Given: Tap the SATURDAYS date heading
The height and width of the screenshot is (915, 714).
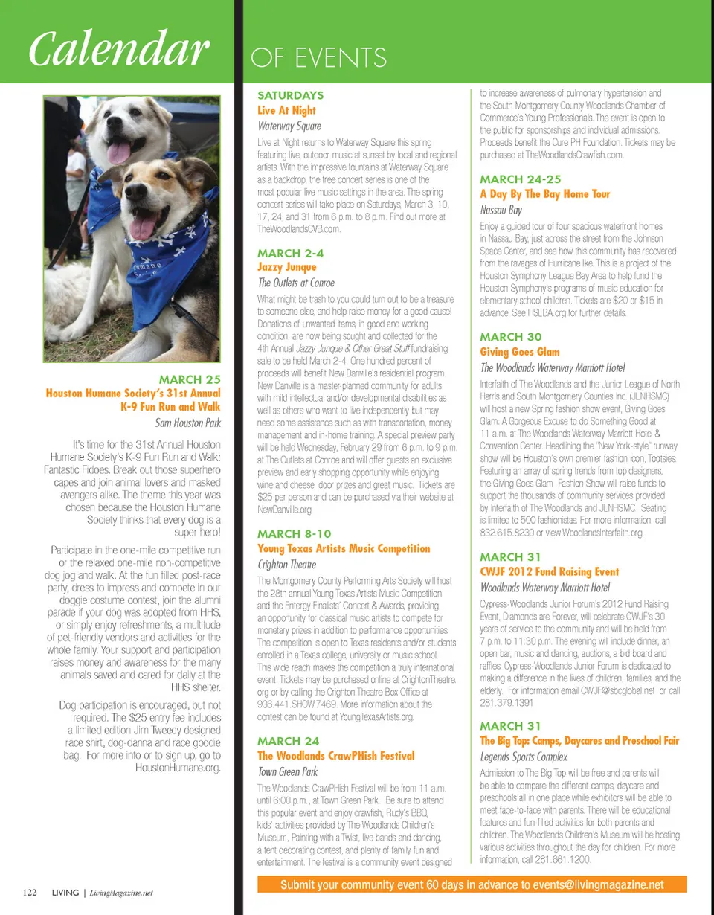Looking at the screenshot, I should (x=290, y=95).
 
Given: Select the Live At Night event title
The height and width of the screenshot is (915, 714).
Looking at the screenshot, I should (x=286, y=110).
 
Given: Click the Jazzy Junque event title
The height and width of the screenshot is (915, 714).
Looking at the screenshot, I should (x=286, y=267).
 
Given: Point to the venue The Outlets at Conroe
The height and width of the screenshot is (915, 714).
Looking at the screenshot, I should (x=296, y=283).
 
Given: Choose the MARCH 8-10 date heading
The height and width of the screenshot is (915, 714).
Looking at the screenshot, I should (x=294, y=533).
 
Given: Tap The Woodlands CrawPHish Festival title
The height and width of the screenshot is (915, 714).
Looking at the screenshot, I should (x=335, y=757).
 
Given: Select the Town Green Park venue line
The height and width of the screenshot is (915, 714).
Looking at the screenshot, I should (x=287, y=772).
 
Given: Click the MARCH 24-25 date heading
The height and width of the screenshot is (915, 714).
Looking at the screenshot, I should (x=521, y=179).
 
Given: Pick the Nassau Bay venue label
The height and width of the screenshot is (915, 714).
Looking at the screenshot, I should (x=501, y=211).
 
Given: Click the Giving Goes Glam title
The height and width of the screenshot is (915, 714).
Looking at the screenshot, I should (x=520, y=352).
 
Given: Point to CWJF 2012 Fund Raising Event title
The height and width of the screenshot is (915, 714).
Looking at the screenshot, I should (x=550, y=572).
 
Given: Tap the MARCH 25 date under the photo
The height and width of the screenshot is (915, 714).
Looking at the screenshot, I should (x=190, y=380).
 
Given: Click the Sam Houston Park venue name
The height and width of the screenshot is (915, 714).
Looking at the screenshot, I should (x=188, y=424).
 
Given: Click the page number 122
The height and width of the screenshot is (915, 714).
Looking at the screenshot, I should (x=30, y=892).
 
